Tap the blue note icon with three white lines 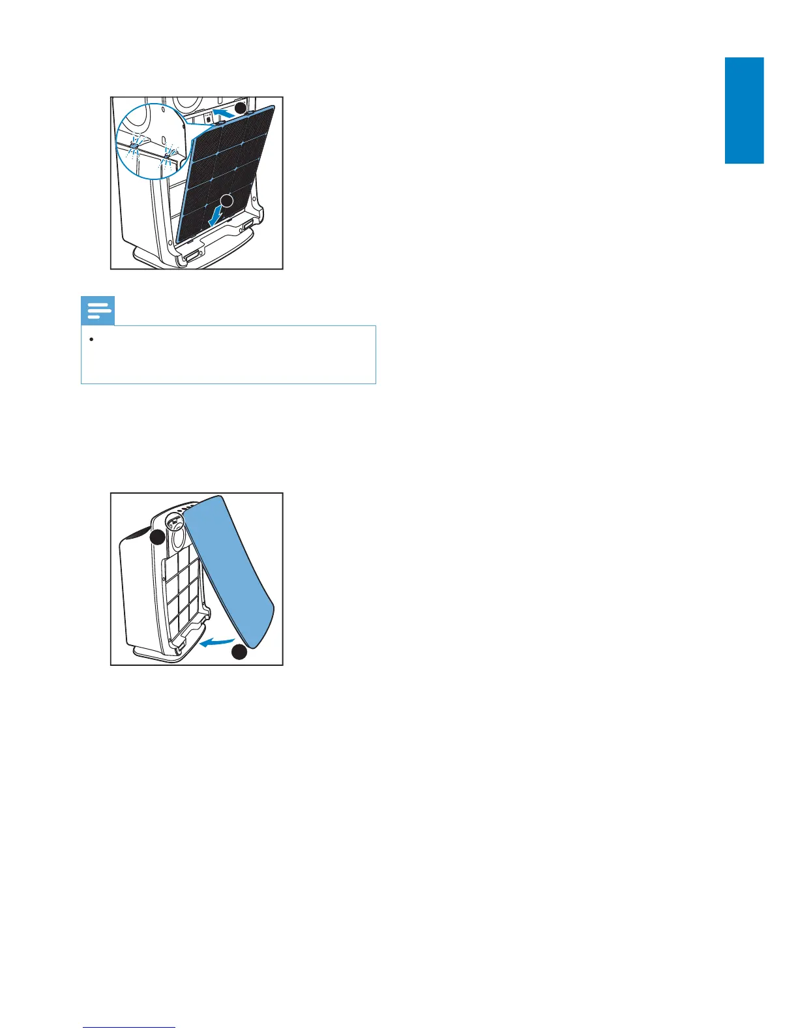(x=98, y=311)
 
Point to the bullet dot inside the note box (x=93, y=340)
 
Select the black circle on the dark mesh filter (x=226, y=201)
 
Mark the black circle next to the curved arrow (x=240, y=651)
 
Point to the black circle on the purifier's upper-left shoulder (x=157, y=537)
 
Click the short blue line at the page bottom (x=129, y=1027)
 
